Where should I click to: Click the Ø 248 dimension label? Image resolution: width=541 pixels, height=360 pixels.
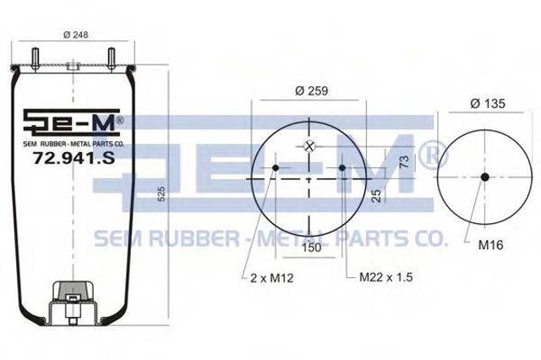point(75,35)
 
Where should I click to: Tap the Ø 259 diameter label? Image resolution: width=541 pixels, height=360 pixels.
point(311,90)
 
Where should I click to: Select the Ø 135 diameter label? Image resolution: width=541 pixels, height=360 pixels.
point(488,103)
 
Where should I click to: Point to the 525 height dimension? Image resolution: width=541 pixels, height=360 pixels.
point(161,194)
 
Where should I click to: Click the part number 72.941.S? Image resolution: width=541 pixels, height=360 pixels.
point(74,158)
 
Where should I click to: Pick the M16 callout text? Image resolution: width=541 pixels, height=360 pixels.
point(490,245)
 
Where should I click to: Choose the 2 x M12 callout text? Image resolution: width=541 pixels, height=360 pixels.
point(272,278)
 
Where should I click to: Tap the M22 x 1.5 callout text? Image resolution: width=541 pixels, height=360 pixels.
point(386,277)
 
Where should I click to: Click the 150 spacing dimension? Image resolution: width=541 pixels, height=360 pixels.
point(312,248)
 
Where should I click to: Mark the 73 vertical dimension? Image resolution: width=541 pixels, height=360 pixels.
point(404,161)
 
